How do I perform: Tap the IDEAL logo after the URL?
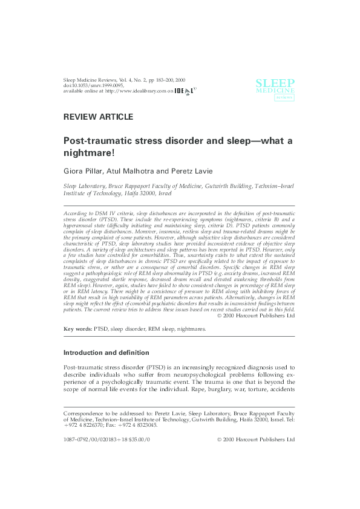[185, 91]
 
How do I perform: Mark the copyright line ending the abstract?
[255, 315]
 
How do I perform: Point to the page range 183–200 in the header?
[166, 79]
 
